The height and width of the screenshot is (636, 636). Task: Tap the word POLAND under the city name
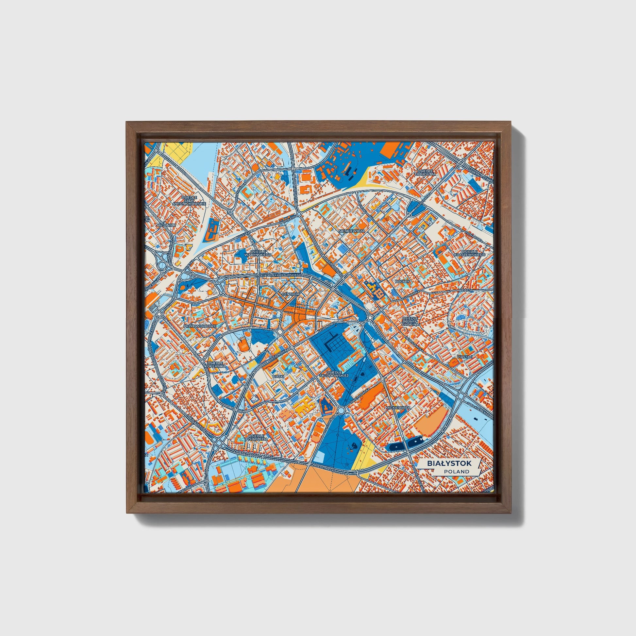pos(456,471)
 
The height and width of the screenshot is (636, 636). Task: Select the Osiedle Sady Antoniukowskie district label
pos(189,200)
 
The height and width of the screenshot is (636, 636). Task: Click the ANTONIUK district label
pos(166,225)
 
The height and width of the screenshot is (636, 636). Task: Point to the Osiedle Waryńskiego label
pos(260,253)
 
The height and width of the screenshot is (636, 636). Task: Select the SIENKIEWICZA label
pos(352,231)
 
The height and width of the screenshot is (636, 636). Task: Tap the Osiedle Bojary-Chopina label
pos(410,321)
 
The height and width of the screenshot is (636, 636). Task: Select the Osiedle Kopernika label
pos(215,363)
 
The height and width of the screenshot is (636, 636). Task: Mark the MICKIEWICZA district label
pos(398,408)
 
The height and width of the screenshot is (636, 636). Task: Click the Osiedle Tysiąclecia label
pos(257,438)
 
